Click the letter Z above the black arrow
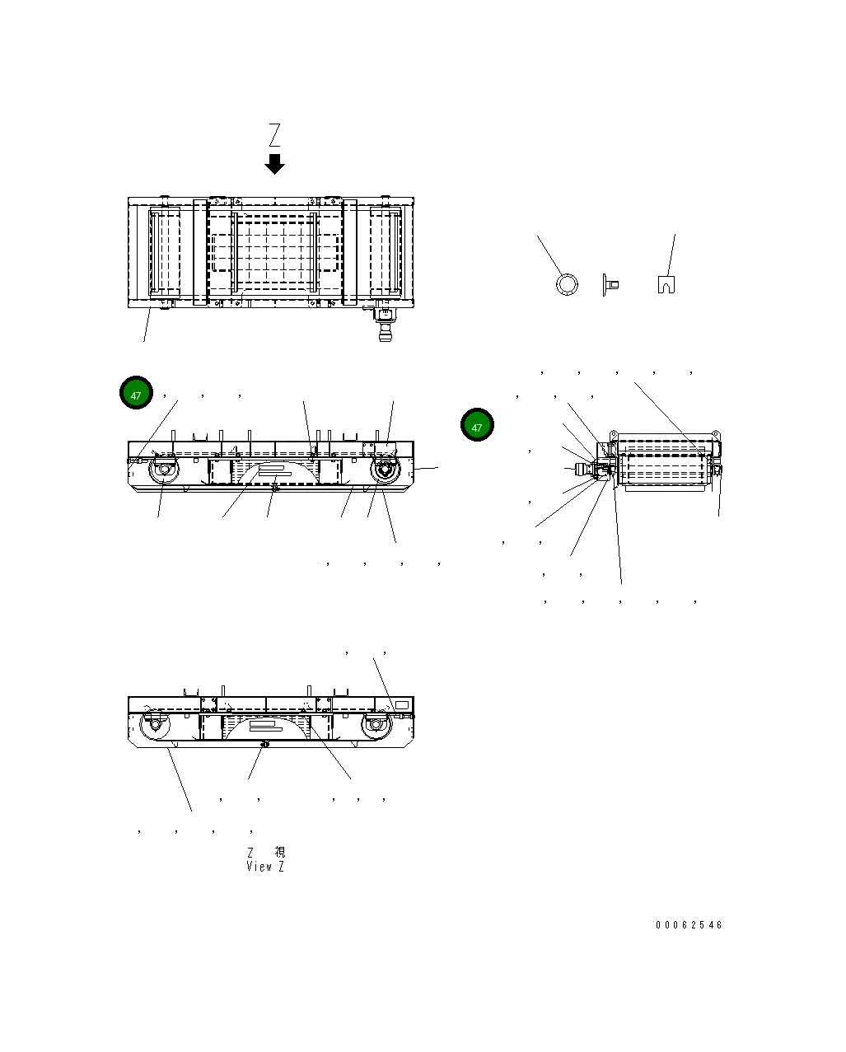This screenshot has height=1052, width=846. coord(274,135)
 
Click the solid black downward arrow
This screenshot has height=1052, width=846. coord(274,164)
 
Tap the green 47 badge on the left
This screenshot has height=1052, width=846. coord(136,395)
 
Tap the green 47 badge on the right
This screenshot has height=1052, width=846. coord(477,426)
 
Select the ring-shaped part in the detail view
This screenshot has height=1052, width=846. coord(566,284)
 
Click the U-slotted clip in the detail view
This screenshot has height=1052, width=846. coord(667,284)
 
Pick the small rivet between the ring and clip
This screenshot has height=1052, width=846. coord(610,285)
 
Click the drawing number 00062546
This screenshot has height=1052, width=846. coord(689,925)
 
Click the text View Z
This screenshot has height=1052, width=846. coord(265,867)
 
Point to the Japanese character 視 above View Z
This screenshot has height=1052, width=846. coord(279,853)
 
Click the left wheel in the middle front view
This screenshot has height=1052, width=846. coord(163,472)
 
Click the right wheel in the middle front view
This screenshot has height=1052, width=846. coord(383,472)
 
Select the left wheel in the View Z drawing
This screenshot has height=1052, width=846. coord(152,726)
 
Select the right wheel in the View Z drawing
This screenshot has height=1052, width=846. coord(374,726)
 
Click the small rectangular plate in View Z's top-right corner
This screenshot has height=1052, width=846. coord(402,705)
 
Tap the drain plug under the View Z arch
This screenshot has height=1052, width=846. coord(264,744)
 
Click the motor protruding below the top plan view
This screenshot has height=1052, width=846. coord(384,325)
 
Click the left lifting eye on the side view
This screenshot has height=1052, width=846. coord(613,433)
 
